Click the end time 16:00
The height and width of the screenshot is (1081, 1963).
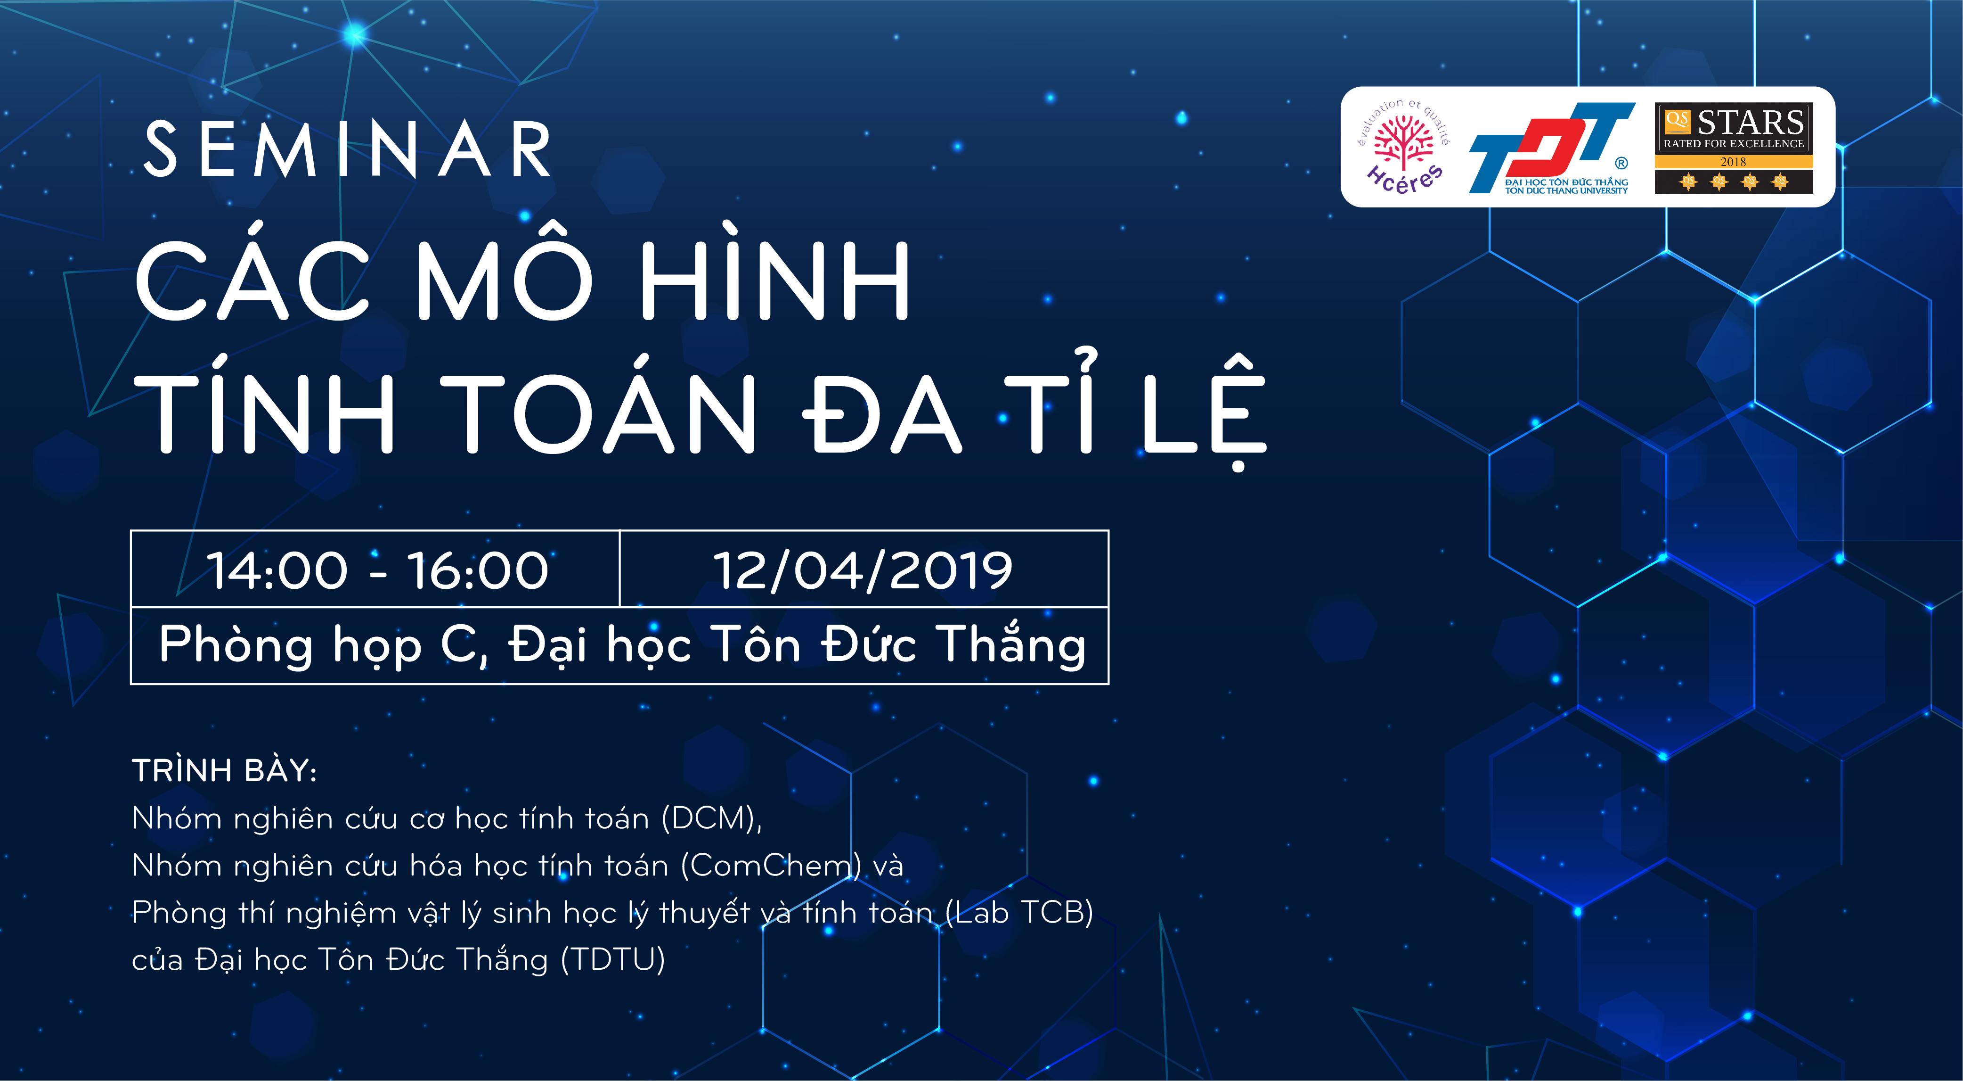pos(478,570)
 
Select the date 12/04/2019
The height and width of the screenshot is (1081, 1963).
pos(863,570)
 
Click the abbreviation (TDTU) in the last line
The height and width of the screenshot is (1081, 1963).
pos(613,960)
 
